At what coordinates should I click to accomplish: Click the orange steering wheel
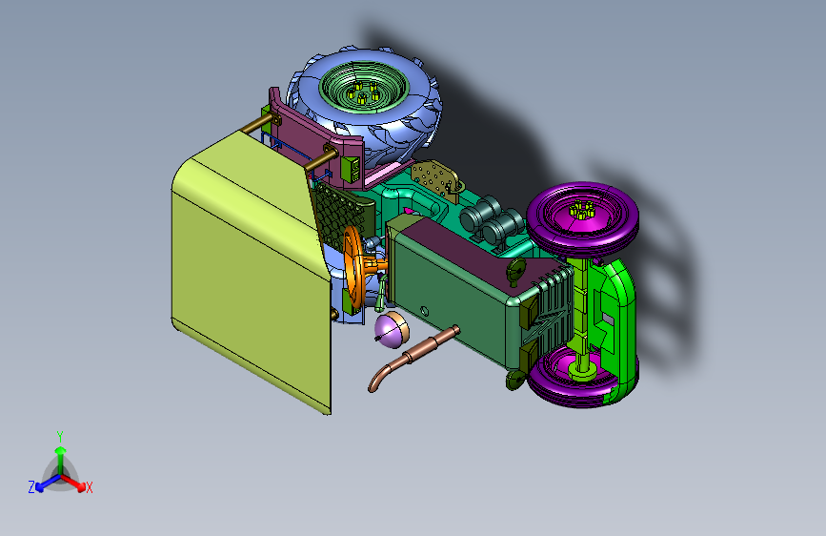tap(352, 266)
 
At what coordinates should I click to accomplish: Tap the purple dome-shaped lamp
tap(393, 330)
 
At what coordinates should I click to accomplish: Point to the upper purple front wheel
tap(583, 217)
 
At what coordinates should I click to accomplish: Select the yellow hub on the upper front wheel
tap(581, 210)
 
